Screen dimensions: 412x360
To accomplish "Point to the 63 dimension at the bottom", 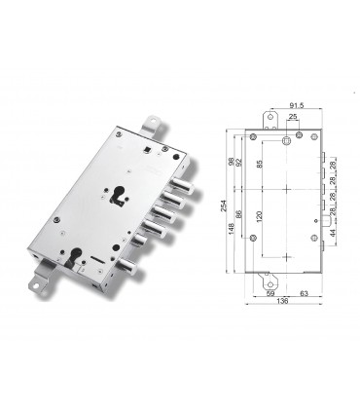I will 303,290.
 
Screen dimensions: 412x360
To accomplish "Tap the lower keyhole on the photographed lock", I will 75,259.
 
